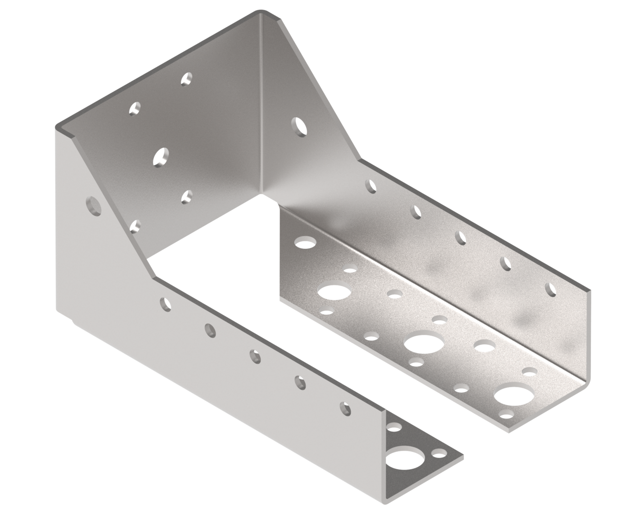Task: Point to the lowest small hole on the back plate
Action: pyautogui.click(x=136, y=227)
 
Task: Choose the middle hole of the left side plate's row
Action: pyautogui.click(x=255, y=356)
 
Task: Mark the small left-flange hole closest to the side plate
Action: pyautogui.click(x=394, y=428)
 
